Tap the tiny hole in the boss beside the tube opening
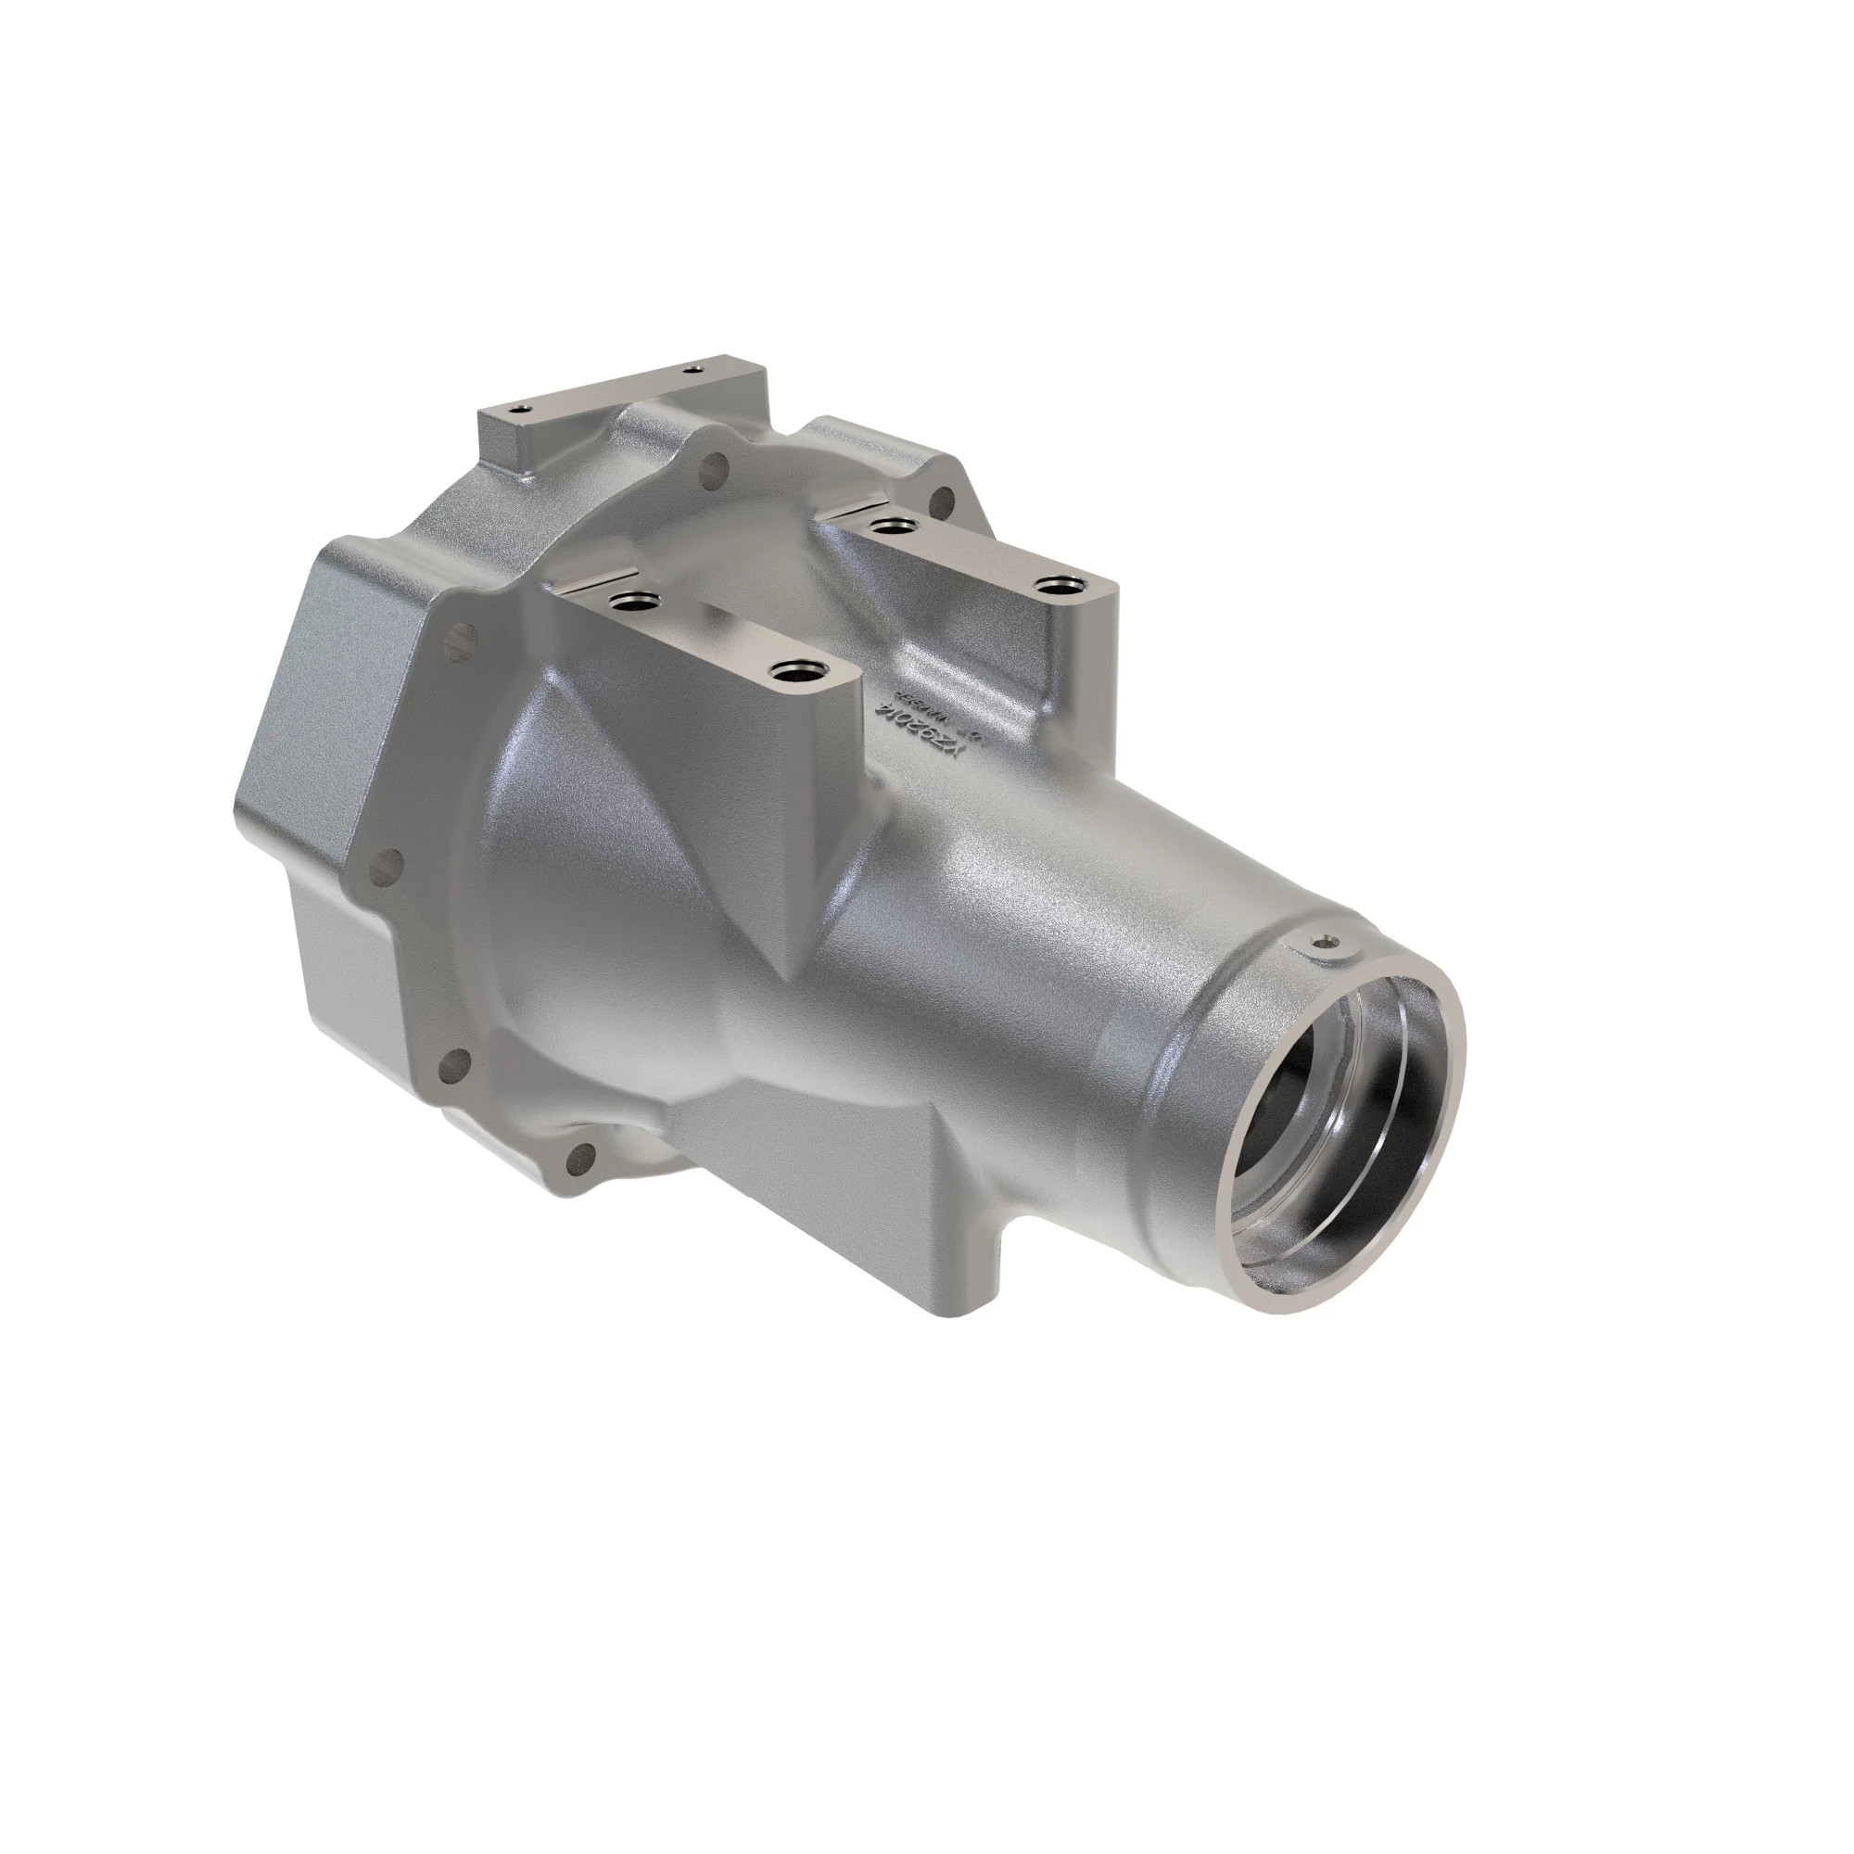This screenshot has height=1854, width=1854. pyautogui.click(x=1328, y=943)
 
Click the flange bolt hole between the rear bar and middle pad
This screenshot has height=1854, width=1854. pyautogui.click(x=712, y=469)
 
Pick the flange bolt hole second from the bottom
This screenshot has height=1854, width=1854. pyautogui.click(x=457, y=1062)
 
